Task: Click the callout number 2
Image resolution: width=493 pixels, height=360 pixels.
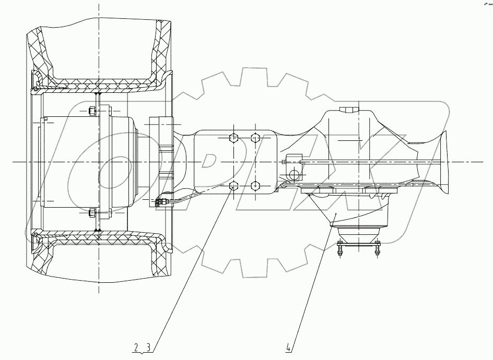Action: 136,347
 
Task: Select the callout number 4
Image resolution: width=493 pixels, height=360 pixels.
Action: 288,347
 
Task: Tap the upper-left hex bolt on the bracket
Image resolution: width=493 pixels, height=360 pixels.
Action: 233,138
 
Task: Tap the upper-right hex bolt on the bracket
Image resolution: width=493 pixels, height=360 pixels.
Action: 255,138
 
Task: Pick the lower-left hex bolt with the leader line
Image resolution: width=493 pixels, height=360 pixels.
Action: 233,186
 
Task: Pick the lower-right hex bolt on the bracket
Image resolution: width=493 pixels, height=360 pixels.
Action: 255,186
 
